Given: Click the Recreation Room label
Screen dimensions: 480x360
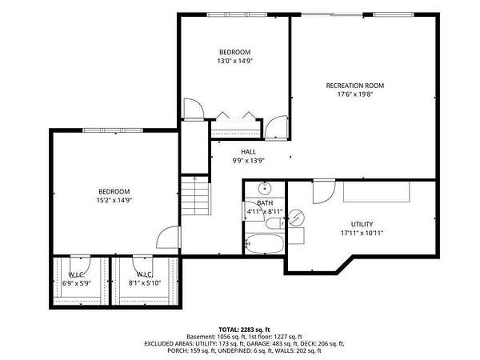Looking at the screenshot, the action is pyautogui.click(x=354, y=86).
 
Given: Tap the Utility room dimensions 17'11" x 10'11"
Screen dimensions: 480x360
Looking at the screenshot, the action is pyautogui.click(x=362, y=233).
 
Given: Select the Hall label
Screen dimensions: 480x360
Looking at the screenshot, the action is pyautogui.click(x=248, y=152).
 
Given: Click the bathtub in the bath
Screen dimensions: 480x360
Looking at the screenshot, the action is pyautogui.click(x=265, y=244).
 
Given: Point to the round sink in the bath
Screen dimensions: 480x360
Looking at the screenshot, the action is pyautogui.click(x=264, y=188).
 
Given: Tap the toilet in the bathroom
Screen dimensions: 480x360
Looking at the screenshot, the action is pyautogui.click(x=275, y=224).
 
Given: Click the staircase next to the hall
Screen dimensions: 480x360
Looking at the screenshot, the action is pyautogui.click(x=196, y=195).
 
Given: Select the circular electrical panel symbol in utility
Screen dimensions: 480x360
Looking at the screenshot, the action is pyautogui.click(x=296, y=218).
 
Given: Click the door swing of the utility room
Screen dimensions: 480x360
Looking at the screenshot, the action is pyautogui.click(x=324, y=192).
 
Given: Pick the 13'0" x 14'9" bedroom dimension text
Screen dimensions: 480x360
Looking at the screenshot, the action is pyautogui.click(x=234, y=61).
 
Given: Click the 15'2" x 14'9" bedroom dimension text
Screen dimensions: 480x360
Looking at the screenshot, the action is pyautogui.click(x=114, y=201).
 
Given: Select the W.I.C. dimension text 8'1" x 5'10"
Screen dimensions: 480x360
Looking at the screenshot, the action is pyautogui.click(x=145, y=283).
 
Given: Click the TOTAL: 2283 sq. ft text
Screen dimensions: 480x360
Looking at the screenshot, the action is pyautogui.click(x=244, y=330).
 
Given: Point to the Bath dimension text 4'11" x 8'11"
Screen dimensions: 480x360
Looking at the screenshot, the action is pyautogui.click(x=265, y=211).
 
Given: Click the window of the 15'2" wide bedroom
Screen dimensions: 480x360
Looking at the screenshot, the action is pyautogui.click(x=113, y=130).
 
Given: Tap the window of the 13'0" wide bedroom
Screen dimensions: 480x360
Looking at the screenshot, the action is pyautogui.click(x=238, y=14).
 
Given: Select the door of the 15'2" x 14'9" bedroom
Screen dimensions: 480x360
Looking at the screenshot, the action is pyautogui.click(x=168, y=238).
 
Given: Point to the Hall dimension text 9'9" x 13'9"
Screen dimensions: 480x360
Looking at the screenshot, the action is pyautogui.click(x=248, y=161).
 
